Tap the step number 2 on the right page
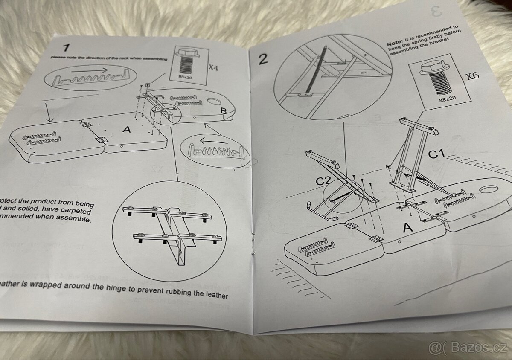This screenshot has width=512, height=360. [x=263, y=58]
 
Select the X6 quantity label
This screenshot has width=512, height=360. [x=472, y=76]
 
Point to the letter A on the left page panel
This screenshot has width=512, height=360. [x=126, y=129]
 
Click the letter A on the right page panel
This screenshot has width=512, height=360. [x=408, y=228]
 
